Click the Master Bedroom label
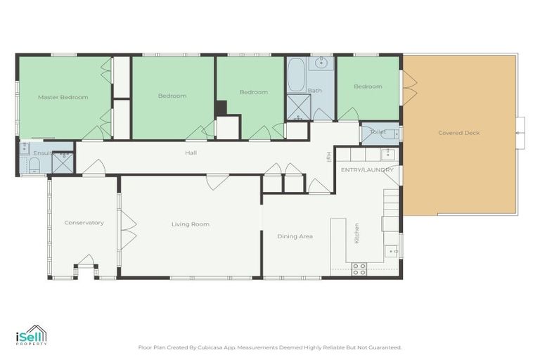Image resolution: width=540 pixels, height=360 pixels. (63, 97)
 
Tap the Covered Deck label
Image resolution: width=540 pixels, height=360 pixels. (458, 133)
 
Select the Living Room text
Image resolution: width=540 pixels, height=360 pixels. (191, 224)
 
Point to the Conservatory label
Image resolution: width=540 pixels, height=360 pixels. (84, 223)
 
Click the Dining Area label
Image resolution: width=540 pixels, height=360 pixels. (295, 236)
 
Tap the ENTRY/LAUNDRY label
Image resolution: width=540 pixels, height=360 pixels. (367, 170)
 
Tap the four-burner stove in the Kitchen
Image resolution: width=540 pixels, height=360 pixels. (359, 268)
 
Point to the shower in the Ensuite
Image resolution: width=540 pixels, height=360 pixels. (63, 162)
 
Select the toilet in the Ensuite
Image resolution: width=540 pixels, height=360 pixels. (34, 165)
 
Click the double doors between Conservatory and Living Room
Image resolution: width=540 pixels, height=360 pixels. (127, 230)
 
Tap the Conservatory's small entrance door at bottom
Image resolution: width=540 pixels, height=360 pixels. (85, 262)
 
